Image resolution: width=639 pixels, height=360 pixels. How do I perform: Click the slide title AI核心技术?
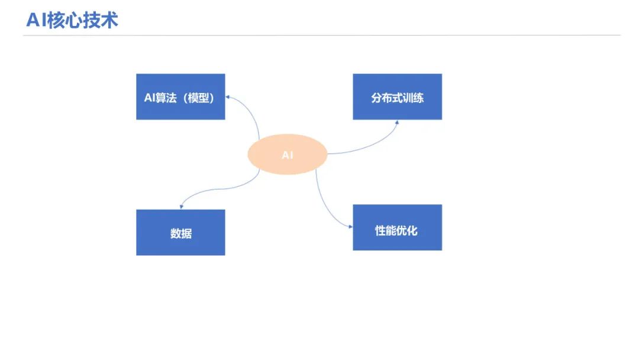tap(72, 20)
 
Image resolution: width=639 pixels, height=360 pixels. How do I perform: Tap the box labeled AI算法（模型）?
tap(180, 97)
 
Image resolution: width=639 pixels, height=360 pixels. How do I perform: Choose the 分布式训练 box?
tap(397, 97)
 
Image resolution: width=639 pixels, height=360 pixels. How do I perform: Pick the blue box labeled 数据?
tap(180, 232)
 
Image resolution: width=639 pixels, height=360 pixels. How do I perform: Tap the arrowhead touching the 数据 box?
tap(181, 206)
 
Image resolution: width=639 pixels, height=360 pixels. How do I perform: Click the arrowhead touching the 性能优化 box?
tap(350, 226)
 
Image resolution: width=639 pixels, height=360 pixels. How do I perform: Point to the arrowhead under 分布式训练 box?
tap(396, 122)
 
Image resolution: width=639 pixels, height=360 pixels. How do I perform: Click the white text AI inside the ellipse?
tap(287, 155)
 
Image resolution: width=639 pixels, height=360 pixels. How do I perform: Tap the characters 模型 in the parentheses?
tap(197, 98)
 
